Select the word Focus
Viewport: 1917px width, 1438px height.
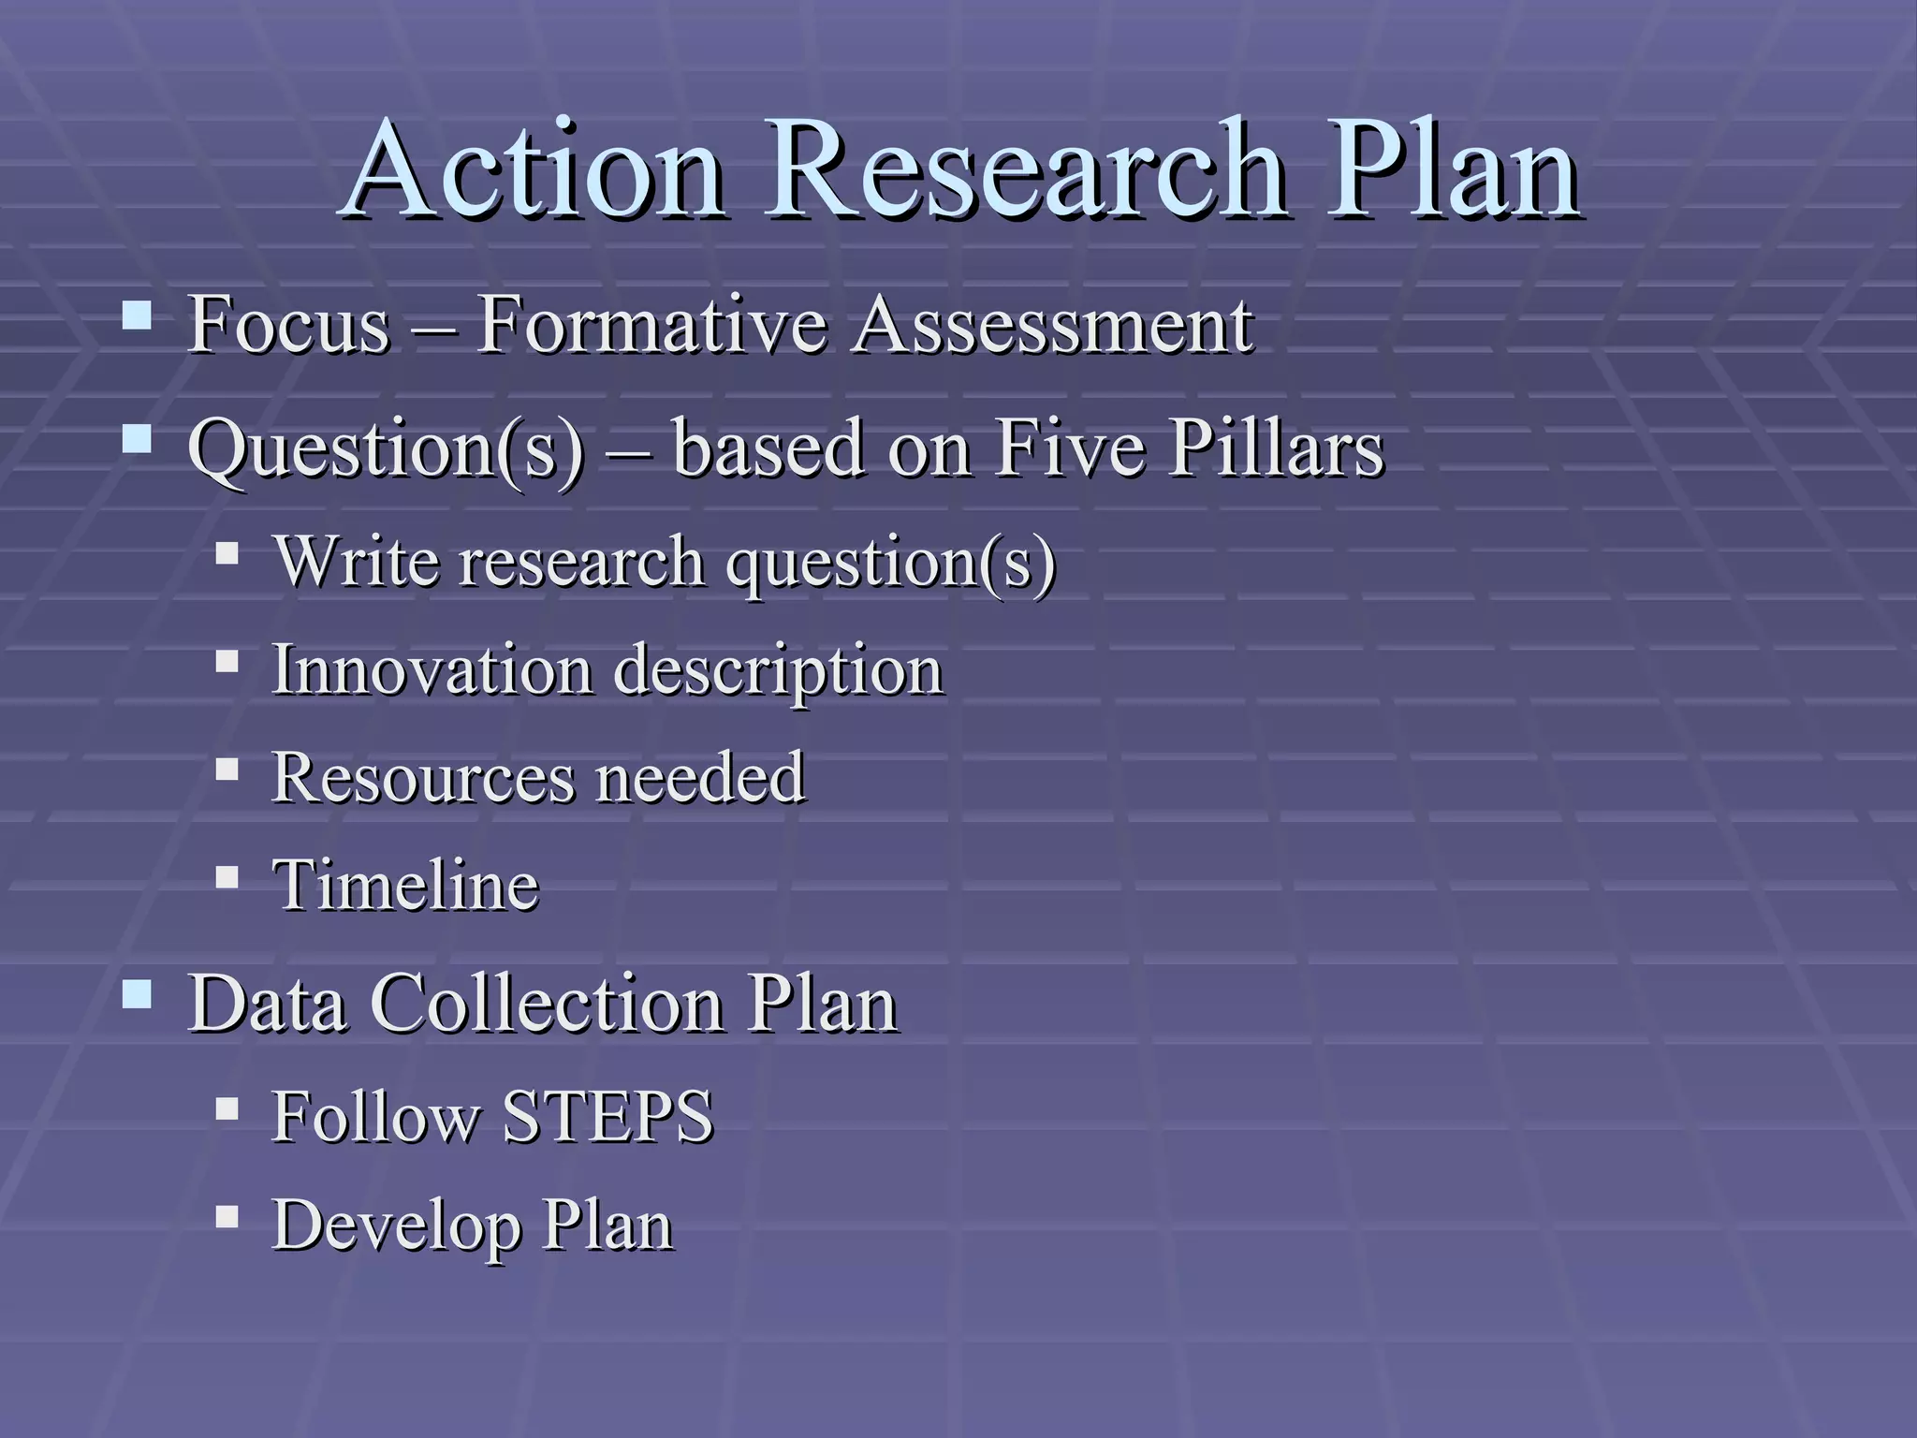[x=288, y=325]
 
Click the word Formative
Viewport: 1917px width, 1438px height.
[x=652, y=325]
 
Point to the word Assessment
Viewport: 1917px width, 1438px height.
[x=1053, y=325]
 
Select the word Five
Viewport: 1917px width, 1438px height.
[x=1070, y=448]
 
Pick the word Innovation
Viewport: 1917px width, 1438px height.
[x=432, y=669]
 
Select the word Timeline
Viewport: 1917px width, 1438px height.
[x=405, y=885]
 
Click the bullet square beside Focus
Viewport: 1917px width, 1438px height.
[x=137, y=316]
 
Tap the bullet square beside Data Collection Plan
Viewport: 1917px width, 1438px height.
[x=137, y=994]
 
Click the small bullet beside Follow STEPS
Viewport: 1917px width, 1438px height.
[x=227, y=1109]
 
